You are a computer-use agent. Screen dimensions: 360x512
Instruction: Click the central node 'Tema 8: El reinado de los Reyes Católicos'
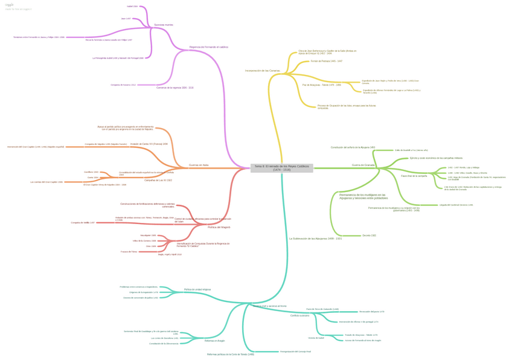tap(281, 167)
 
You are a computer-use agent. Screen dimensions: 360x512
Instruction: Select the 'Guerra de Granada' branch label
tap(363, 165)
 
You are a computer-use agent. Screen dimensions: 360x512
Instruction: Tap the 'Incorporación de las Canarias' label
tap(262, 71)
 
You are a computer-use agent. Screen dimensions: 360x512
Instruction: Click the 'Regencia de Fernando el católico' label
tap(208, 47)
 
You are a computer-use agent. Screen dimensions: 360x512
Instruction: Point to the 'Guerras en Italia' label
tap(199, 165)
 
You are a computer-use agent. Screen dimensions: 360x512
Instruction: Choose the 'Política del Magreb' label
tap(219, 227)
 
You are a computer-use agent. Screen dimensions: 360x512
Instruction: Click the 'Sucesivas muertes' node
tap(164, 25)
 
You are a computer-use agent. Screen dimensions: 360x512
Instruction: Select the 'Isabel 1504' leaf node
tap(132, 7)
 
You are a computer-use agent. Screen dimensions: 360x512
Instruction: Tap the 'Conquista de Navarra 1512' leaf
tap(123, 85)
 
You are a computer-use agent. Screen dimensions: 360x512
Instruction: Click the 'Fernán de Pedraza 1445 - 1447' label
tap(326, 61)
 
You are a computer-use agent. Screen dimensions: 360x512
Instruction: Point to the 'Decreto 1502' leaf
tap(369, 235)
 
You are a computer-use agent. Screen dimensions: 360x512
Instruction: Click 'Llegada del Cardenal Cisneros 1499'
tap(456, 205)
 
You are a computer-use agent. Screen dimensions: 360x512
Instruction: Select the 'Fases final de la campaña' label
tap(414, 176)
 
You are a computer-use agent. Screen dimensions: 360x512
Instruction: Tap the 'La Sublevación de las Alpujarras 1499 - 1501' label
tap(315, 239)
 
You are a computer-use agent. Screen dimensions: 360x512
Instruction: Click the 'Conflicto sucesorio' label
tap(299, 315)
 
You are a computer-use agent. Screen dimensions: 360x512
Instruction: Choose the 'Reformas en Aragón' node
tap(214, 341)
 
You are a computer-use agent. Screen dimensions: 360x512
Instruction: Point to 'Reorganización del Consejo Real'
tap(295, 351)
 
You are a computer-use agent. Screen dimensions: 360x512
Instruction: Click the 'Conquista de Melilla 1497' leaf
tap(83, 223)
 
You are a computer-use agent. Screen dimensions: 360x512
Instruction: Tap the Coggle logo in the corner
tap(10, 5)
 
